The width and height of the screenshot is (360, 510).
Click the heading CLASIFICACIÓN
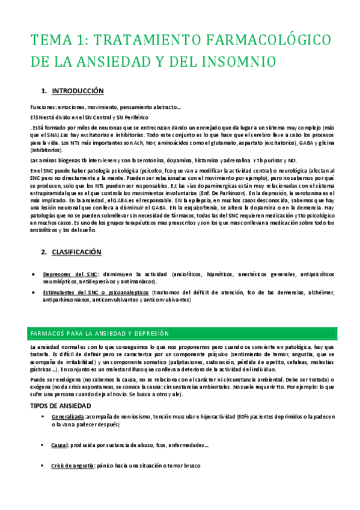click(x=76, y=252)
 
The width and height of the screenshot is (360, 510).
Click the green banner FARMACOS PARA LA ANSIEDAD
click(x=99, y=333)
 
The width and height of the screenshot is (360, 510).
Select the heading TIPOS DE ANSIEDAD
click(x=60, y=389)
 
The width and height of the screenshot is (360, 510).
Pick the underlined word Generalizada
click(x=68, y=400)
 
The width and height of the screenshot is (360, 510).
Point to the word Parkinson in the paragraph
click(x=225, y=192)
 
